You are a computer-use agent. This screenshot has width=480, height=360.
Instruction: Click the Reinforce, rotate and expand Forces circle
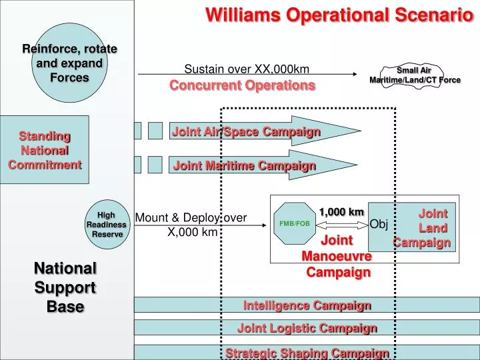click(x=69, y=63)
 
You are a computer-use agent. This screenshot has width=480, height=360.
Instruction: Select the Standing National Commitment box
click(x=45, y=150)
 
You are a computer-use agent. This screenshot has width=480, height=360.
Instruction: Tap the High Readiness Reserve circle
click(x=107, y=225)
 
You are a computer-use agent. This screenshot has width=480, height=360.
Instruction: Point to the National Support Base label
click(x=65, y=287)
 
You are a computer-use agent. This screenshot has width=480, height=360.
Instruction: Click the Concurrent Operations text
click(x=242, y=85)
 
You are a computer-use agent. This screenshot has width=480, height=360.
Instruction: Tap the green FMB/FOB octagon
click(x=294, y=223)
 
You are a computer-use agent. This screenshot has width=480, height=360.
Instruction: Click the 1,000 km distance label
click(x=341, y=212)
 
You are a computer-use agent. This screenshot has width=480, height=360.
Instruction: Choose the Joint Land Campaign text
click(x=427, y=228)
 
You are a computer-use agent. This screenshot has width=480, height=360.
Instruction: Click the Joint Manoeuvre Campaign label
click(x=337, y=256)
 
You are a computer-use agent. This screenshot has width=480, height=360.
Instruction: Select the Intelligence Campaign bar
click(x=307, y=305)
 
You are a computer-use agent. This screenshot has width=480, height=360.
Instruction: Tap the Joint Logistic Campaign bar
click(x=307, y=328)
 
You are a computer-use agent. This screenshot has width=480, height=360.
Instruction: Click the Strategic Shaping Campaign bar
click(x=307, y=351)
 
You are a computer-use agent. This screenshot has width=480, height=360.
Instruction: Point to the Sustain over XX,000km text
click(x=246, y=69)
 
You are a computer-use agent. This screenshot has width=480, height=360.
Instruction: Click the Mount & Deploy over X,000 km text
click(x=191, y=225)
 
